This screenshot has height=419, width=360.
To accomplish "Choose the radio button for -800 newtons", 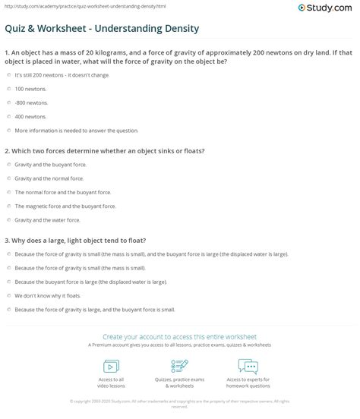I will pos(8,102).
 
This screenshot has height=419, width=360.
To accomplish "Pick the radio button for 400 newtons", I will pos(8,116).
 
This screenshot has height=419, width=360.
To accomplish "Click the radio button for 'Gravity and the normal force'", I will pos(8,178).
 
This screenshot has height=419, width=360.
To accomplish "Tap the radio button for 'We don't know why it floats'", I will pos(8,295).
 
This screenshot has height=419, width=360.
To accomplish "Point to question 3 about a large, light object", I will pos(91,239).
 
